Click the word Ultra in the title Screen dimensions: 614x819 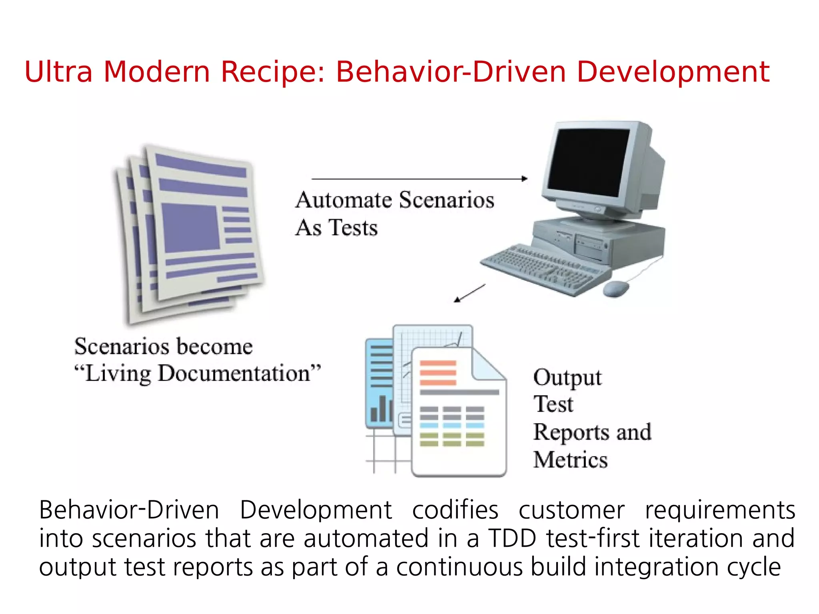(58, 72)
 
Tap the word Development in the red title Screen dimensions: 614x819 (673, 73)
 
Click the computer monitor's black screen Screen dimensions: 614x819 (588, 160)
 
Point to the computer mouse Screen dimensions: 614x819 (615, 288)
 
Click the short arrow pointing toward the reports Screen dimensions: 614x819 (470, 293)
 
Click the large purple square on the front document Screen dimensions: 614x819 (190, 228)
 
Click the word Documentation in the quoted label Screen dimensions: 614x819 (234, 374)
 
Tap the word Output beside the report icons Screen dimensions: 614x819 (567, 378)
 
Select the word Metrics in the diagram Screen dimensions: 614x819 (570, 460)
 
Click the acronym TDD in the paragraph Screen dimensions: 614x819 (512, 538)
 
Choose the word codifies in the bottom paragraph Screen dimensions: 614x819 (455, 510)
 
